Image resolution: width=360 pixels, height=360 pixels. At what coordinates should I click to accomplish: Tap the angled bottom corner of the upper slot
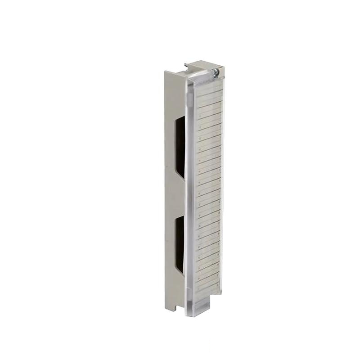pos(182,177)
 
